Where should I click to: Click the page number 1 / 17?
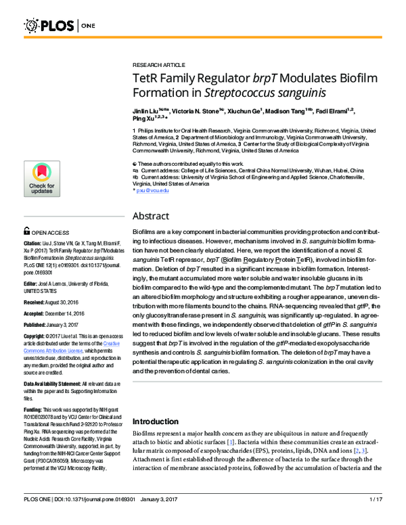(x=376, y=518)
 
